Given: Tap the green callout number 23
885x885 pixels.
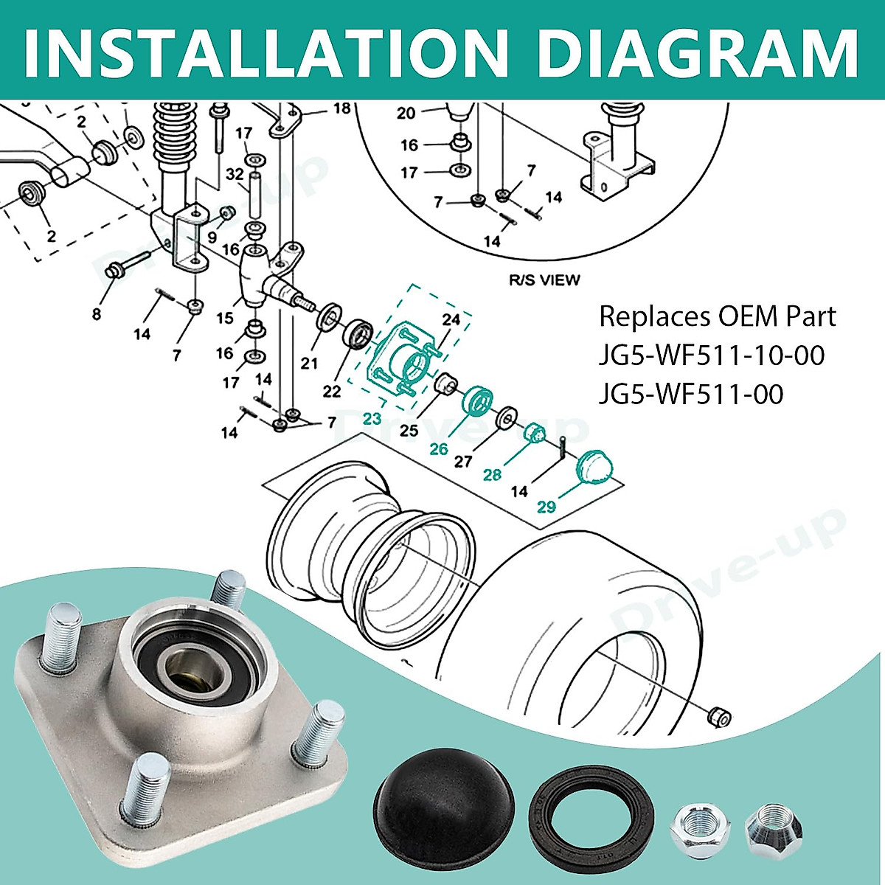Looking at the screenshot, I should pyautogui.click(x=372, y=419).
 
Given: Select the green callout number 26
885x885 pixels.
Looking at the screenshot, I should pyautogui.click(x=439, y=448).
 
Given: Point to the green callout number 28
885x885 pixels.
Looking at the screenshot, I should pyautogui.click(x=493, y=474).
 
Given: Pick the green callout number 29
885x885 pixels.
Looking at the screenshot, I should pyautogui.click(x=546, y=507).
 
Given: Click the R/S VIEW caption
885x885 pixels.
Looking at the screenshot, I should pyautogui.click(x=544, y=280).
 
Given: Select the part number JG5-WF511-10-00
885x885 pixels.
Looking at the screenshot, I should pyautogui.click(x=712, y=356).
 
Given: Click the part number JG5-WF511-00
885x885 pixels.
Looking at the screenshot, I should pyautogui.click(x=691, y=395).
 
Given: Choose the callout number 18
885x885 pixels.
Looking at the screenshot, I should pyautogui.click(x=341, y=109).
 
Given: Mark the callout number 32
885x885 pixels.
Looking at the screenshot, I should pyautogui.click(x=235, y=175).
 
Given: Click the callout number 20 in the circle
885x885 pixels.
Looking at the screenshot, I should pyautogui.click(x=406, y=113).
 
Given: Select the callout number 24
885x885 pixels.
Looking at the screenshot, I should pyautogui.click(x=451, y=321).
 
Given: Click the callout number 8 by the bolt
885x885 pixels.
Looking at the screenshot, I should pyautogui.click(x=97, y=314).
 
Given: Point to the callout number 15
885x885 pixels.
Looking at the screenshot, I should pyautogui.click(x=225, y=318).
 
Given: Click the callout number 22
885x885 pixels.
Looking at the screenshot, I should pyautogui.click(x=332, y=391).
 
